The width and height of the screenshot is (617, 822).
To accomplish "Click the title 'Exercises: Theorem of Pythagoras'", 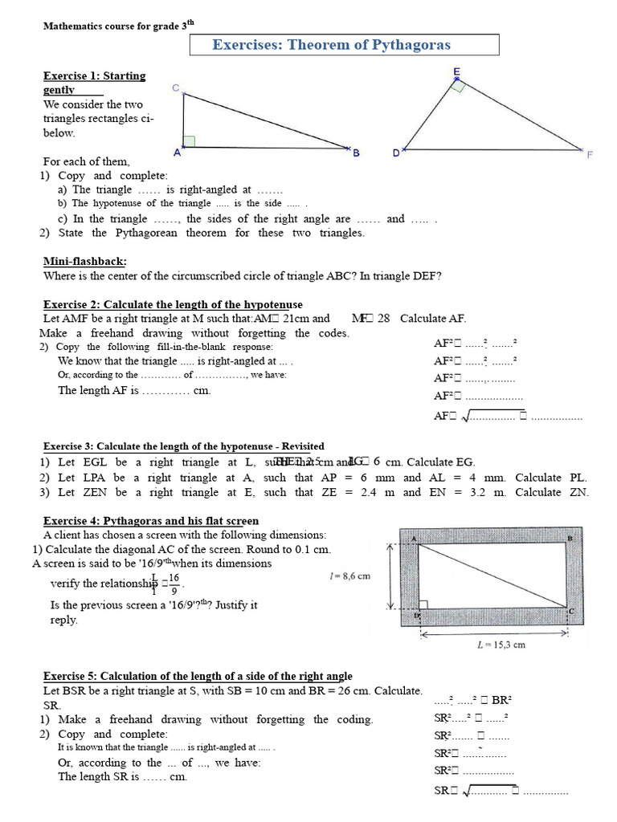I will point(331,45).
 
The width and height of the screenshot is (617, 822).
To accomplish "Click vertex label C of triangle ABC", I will point(175,88).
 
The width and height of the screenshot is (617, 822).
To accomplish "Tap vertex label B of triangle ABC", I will point(355,153).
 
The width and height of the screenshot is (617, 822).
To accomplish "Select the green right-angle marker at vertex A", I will point(189,142).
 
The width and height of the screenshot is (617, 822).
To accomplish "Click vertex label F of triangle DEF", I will point(589,154).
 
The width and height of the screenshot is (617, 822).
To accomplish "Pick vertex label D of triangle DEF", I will point(395,153).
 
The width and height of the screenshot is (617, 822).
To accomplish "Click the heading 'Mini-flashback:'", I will point(84,262).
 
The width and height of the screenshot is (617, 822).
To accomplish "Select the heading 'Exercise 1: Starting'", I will point(94,76).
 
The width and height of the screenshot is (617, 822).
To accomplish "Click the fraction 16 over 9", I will point(174,584).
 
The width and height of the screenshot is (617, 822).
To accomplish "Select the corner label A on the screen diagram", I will point(413,539).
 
